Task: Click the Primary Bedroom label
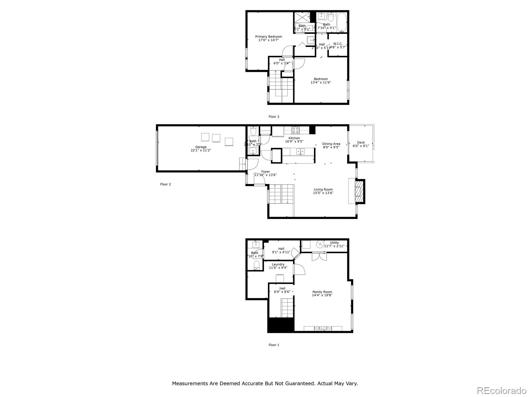268,36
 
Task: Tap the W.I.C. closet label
338,44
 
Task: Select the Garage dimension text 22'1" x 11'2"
201,150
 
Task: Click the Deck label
361,143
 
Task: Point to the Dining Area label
331,144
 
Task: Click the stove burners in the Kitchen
295,129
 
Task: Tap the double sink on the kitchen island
300,152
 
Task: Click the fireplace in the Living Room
359,191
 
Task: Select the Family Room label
322,292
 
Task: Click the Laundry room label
278,264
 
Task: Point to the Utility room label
334,243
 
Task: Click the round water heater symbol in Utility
320,244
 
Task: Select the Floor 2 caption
165,184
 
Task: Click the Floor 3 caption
274,116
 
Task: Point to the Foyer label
265,171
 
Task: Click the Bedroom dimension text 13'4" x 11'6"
321,82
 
